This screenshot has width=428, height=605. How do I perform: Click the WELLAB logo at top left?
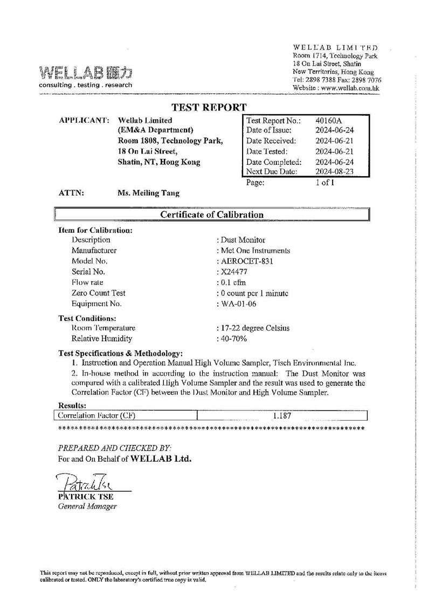coord(85,73)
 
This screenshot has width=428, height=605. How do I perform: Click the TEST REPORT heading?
coord(209,108)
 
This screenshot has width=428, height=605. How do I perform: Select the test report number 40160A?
coord(325,121)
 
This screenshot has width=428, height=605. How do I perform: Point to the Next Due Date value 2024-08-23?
coord(335,171)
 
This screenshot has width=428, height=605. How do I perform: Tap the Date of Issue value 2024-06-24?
coord(335,130)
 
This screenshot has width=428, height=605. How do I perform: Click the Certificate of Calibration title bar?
coord(212,214)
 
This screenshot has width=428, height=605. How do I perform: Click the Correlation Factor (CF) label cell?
coord(96,415)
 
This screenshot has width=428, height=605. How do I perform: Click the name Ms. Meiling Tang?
coord(149,193)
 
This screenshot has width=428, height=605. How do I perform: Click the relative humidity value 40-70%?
coord(232,338)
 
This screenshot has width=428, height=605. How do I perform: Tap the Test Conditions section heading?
coord(87,318)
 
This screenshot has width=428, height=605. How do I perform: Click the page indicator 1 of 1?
coord(325,183)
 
